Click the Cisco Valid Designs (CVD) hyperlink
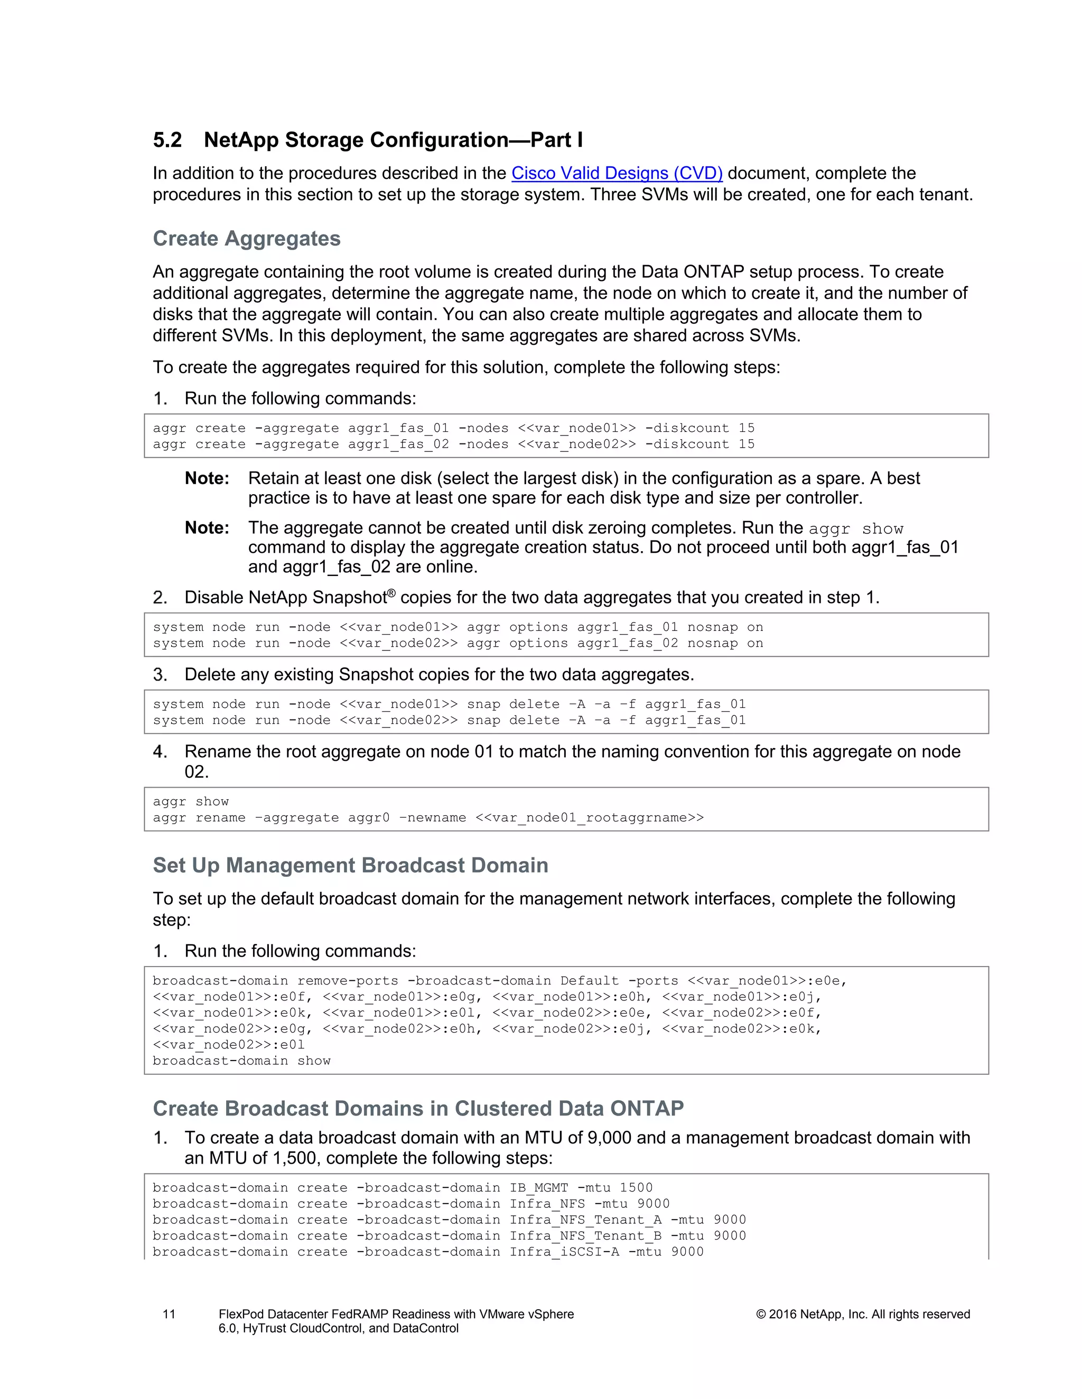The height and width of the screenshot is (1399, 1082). (617, 173)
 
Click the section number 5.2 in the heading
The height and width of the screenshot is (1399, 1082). (167, 140)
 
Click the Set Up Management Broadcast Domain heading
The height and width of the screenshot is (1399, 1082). (350, 865)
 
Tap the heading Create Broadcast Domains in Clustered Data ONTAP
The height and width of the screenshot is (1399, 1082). (418, 1108)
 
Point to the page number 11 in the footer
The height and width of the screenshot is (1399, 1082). (169, 1315)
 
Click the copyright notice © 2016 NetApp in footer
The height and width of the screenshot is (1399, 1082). (862, 1315)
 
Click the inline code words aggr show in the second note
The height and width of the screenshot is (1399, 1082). (855, 529)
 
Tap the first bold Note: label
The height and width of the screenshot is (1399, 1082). (207, 478)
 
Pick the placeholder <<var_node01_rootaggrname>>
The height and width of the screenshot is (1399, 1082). (589, 818)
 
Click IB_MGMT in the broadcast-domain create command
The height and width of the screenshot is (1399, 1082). (538, 1188)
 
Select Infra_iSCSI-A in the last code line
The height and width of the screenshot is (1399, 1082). (564, 1252)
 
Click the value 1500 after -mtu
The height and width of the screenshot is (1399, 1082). (636, 1188)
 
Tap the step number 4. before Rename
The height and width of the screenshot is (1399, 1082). (160, 751)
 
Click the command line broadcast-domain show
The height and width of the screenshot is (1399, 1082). (241, 1061)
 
